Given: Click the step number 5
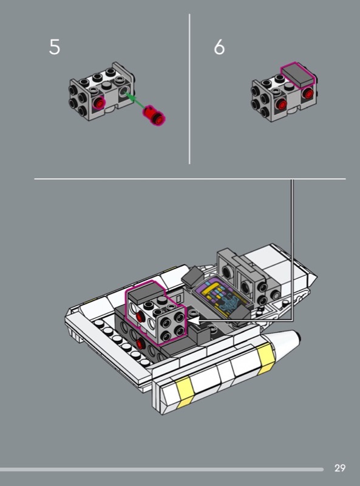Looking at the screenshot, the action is pyautogui.click(x=55, y=47).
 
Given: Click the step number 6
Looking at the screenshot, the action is pyautogui.click(x=219, y=47).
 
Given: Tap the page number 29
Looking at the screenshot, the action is pyautogui.click(x=339, y=468).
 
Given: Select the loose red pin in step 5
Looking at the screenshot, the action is pyautogui.click(x=154, y=115).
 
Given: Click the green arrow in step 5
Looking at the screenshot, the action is pyautogui.click(x=134, y=100).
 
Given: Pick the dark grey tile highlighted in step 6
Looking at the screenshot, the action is pyautogui.click(x=297, y=74).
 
